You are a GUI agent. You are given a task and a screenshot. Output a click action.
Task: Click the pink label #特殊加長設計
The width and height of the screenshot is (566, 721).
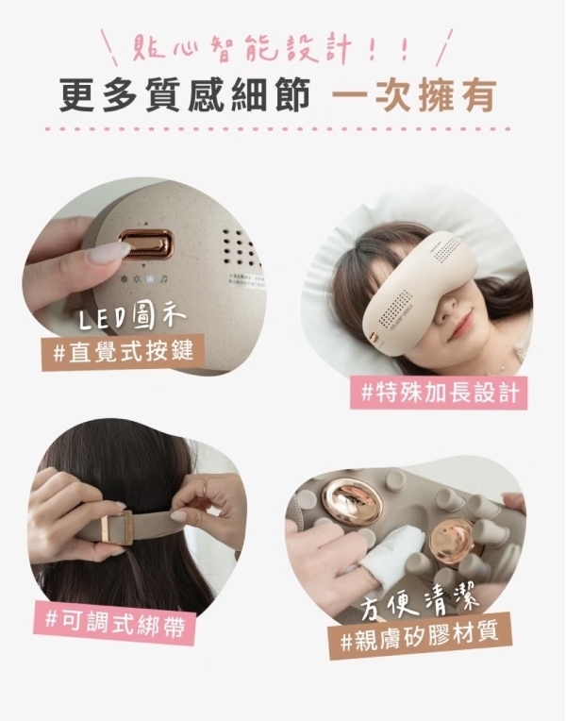tap(439, 391)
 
